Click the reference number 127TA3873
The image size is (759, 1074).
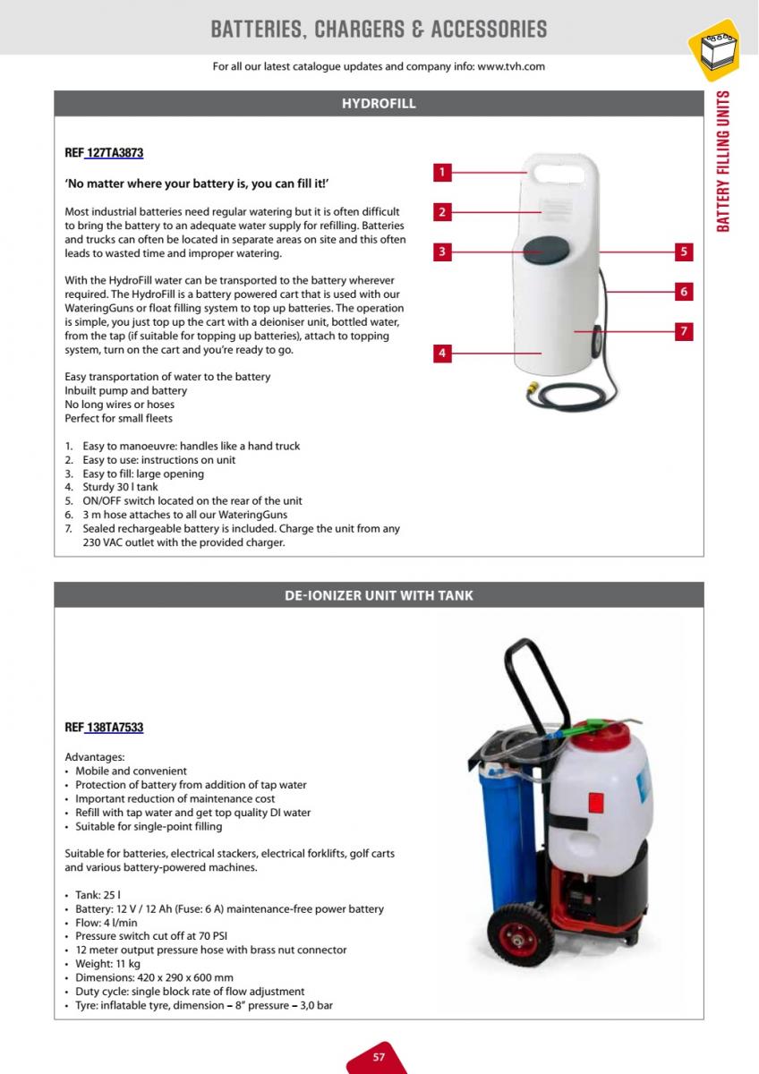coord(114,153)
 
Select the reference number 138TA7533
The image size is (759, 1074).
coord(114,728)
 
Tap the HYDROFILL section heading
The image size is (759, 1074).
coord(379,104)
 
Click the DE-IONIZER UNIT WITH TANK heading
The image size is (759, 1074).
coord(379,595)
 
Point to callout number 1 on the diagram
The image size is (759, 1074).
coord(442,172)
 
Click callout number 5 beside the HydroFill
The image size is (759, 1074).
coord(684,251)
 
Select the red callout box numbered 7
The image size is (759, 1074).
coord(684,331)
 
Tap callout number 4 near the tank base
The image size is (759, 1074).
coord(442,353)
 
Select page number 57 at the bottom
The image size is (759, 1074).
coord(379,1057)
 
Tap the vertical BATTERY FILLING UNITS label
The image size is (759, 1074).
coord(724,161)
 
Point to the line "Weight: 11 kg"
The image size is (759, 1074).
coord(107,964)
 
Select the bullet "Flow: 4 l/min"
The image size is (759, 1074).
coord(107,923)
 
